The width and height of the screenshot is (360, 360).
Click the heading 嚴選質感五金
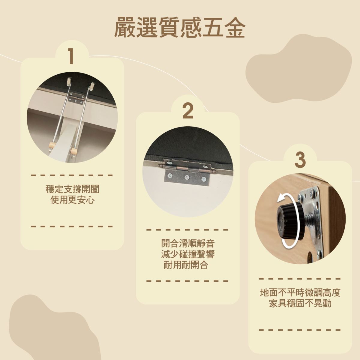tap(180, 28)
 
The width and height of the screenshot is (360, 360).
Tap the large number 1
tap(71, 56)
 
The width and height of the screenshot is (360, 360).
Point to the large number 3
tap(300, 160)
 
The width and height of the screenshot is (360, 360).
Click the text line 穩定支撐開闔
tap(72, 189)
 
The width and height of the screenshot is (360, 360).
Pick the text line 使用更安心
tap(72, 200)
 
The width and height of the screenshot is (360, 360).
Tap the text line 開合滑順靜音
tap(188, 243)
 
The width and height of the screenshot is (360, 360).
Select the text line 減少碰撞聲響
tap(188, 254)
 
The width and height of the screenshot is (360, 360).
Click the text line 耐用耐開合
tap(186, 265)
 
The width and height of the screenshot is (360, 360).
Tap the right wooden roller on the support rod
tap(74, 151)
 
